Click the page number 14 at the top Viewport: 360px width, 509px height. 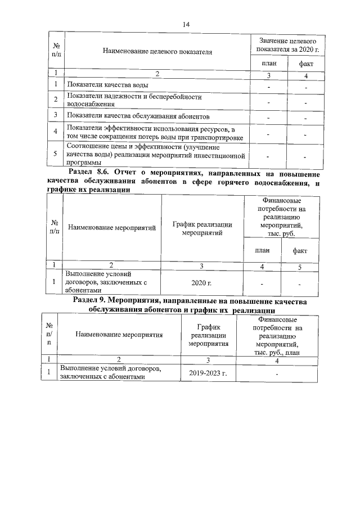coord(187,24)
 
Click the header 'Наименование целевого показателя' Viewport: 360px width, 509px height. coord(157,52)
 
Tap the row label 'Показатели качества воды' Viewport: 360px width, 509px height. coord(108,85)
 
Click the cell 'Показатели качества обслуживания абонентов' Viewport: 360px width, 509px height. coord(138,116)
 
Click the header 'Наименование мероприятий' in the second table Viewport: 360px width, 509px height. coord(111,227)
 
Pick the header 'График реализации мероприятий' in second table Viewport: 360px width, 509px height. coord(202,227)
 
